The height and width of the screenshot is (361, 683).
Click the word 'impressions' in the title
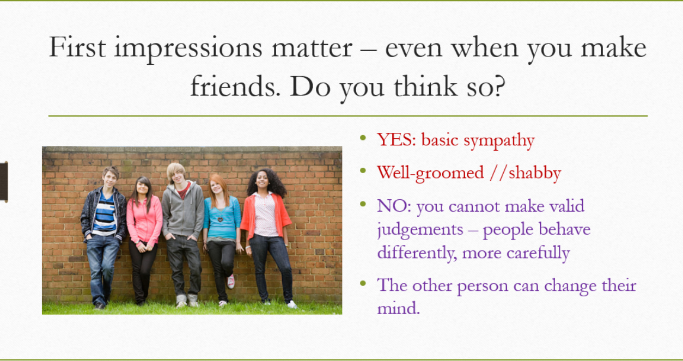point(188,49)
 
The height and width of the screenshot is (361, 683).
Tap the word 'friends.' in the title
point(235,87)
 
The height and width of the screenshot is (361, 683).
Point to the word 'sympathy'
point(499,141)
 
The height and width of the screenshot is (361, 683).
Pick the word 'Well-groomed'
point(430,173)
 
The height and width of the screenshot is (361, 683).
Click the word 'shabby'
point(535,173)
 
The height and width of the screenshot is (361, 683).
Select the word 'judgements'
point(420,230)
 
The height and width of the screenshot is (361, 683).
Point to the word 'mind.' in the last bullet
point(399,308)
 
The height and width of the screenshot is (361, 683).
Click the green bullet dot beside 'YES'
point(363,138)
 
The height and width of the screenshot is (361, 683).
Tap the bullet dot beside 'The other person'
point(363,284)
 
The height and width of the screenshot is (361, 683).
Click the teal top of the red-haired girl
point(222,218)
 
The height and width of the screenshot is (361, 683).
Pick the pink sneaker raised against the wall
point(231,281)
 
